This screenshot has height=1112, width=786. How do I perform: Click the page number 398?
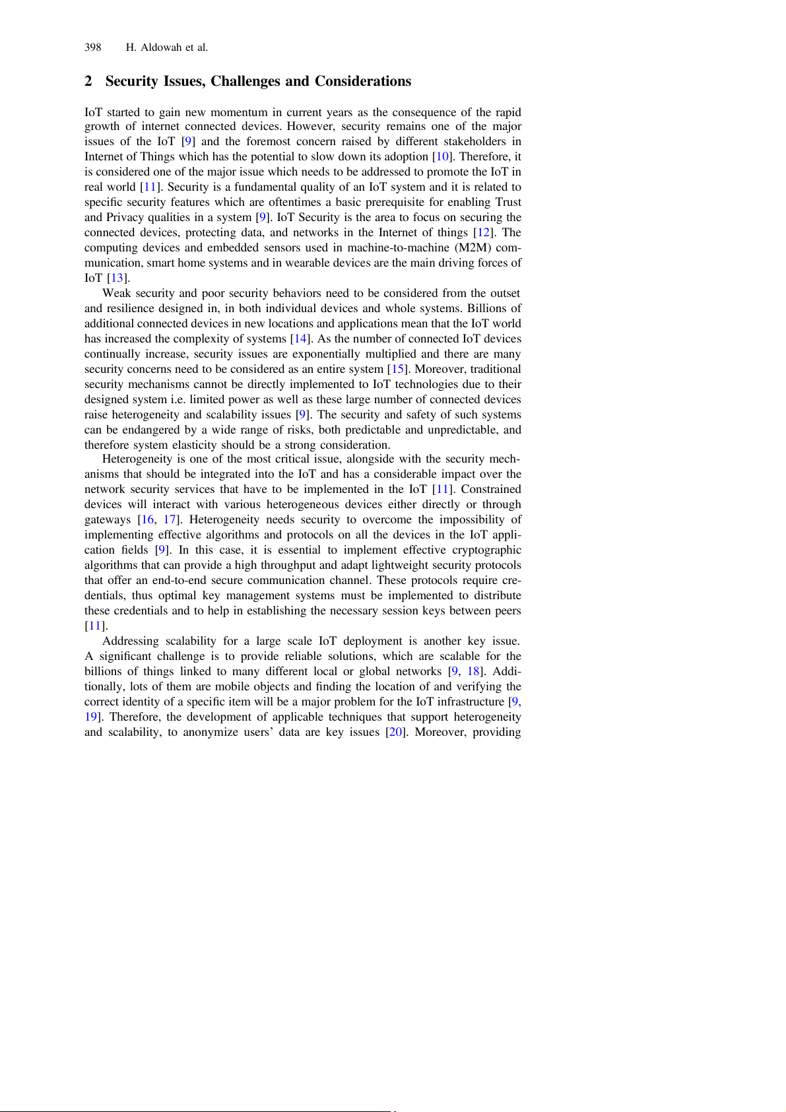click(92, 48)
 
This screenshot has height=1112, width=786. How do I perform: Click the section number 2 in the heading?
click(88, 81)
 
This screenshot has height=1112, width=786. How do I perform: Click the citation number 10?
click(442, 156)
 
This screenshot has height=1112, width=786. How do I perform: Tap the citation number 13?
click(117, 278)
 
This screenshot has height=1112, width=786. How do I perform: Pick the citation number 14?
click(300, 339)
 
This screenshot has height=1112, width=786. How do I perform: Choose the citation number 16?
click(147, 519)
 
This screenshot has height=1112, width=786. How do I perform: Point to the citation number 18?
click(474, 671)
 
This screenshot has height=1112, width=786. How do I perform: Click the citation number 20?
click(395, 732)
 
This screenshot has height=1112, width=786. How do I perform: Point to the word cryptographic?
click(486, 550)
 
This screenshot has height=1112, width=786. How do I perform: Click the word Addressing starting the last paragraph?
click(131, 641)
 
